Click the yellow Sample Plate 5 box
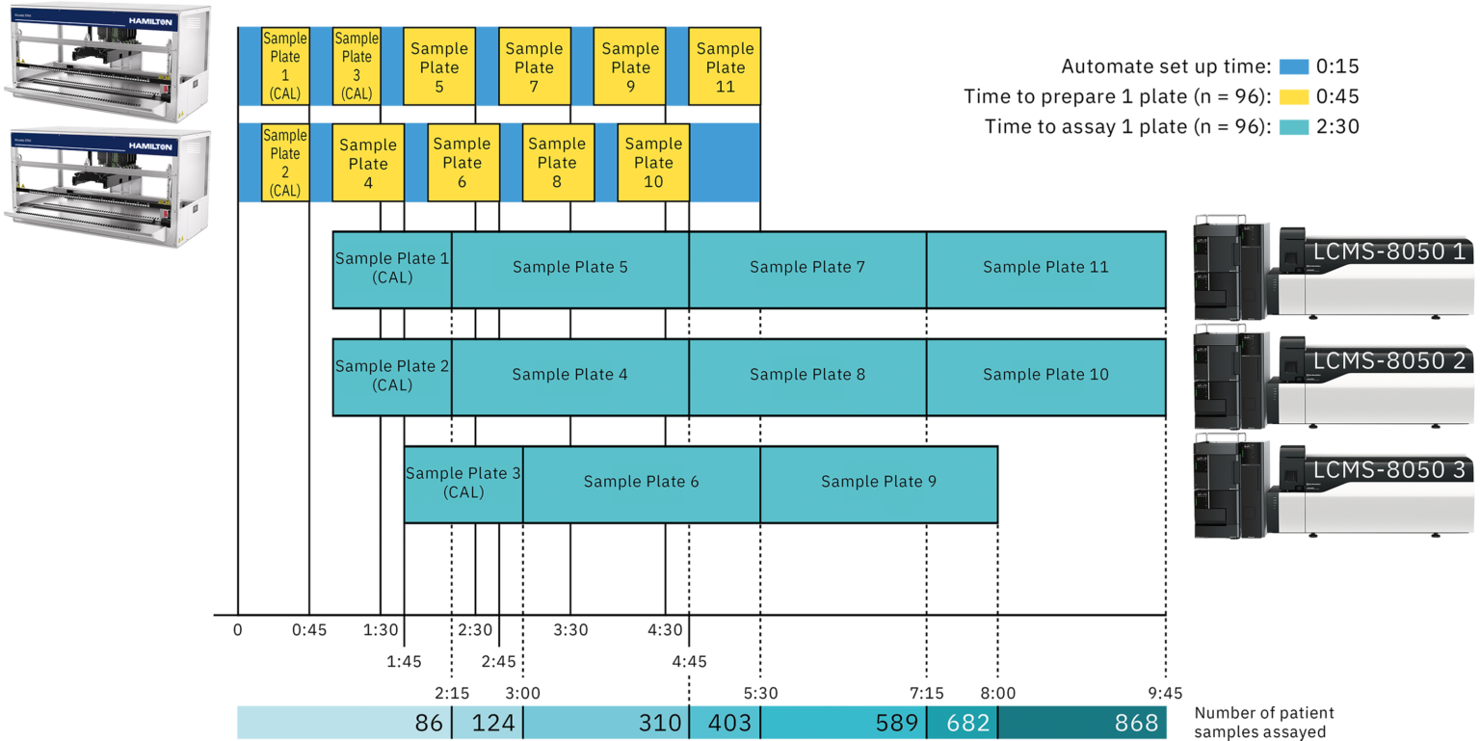(x=438, y=66)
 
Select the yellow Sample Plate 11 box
(x=725, y=66)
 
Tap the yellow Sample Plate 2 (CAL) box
(x=285, y=162)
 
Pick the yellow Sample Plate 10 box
(x=653, y=162)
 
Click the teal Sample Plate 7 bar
(x=807, y=268)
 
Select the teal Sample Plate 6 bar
(x=641, y=483)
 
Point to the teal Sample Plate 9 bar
(x=878, y=483)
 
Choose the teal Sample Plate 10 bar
(x=1045, y=376)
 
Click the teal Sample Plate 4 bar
(x=569, y=376)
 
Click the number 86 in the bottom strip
(x=428, y=723)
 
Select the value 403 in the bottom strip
(x=729, y=723)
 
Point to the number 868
(x=1136, y=723)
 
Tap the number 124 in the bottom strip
(x=493, y=723)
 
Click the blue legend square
(x=1294, y=67)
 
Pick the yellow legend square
(x=1294, y=96)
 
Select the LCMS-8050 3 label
(x=1388, y=470)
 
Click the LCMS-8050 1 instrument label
(x=1388, y=252)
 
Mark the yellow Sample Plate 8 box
(x=557, y=162)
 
